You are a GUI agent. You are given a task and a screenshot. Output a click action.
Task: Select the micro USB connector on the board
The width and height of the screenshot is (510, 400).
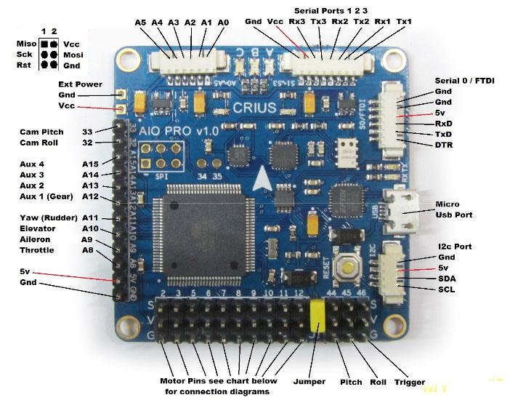(x=402, y=210)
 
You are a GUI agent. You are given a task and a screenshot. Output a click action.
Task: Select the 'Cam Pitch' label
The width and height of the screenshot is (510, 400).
(x=42, y=132)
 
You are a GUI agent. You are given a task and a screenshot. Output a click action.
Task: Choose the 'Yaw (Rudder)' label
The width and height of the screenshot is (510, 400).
(x=48, y=217)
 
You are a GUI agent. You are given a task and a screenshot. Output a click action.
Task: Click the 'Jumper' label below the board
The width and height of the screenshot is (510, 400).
(x=309, y=381)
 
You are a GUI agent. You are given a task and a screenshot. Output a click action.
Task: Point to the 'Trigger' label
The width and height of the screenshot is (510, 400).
(x=410, y=382)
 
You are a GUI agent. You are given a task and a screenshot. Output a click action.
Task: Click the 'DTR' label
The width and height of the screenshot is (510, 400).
(x=444, y=145)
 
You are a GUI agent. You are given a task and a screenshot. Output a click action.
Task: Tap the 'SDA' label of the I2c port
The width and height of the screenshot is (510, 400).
(x=447, y=279)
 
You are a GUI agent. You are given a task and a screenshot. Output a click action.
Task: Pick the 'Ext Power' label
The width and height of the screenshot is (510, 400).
(x=81, y=84)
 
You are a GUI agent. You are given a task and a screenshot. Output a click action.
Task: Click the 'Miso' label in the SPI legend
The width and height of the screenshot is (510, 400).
(x=26, y=44)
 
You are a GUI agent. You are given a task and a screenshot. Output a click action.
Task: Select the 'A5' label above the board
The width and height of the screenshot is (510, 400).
(x=140, y=23)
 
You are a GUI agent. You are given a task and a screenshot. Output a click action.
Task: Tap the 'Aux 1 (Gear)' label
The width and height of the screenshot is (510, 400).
(x=48, y=196)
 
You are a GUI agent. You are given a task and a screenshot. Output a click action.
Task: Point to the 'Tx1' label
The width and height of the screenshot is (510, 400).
(x=404, y=22)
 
